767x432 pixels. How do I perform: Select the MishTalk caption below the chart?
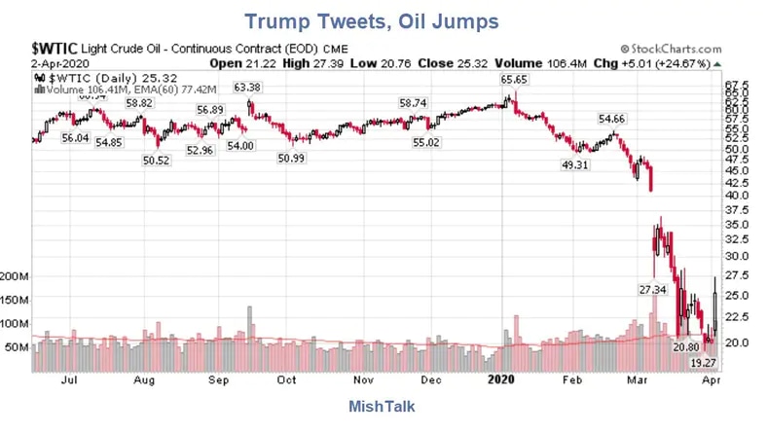[382, 407]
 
